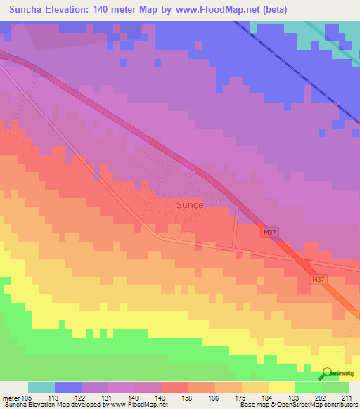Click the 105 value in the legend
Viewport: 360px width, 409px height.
pos(28,398)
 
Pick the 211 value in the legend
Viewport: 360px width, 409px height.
pos(345,398)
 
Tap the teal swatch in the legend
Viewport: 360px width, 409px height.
pos(41,387)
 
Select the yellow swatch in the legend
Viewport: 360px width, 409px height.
pos(281,387)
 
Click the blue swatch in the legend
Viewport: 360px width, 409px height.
pos(68,387)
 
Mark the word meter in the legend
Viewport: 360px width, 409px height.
pos(11,398)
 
